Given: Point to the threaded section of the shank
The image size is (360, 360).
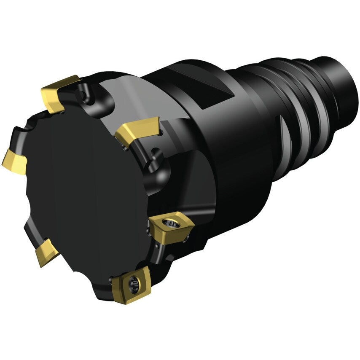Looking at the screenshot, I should (295, 105).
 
